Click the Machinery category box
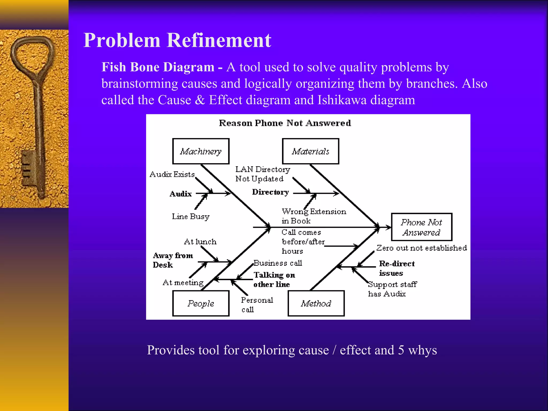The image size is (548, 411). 201,151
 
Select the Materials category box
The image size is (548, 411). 311,151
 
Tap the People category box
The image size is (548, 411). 201,303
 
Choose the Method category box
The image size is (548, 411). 316,303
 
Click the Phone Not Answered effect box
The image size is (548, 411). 421,227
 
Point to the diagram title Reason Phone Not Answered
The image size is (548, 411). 285,123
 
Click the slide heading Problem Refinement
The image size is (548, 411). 177,40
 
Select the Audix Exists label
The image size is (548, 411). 172,174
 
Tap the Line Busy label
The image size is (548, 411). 191,216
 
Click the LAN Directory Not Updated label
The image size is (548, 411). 262,174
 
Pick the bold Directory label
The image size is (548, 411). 271,192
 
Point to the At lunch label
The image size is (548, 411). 200,242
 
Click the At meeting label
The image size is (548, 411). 183,283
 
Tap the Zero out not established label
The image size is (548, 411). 421,248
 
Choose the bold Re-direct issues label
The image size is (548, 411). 397,268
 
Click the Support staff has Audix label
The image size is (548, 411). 392,289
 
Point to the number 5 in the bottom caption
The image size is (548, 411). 401,350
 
